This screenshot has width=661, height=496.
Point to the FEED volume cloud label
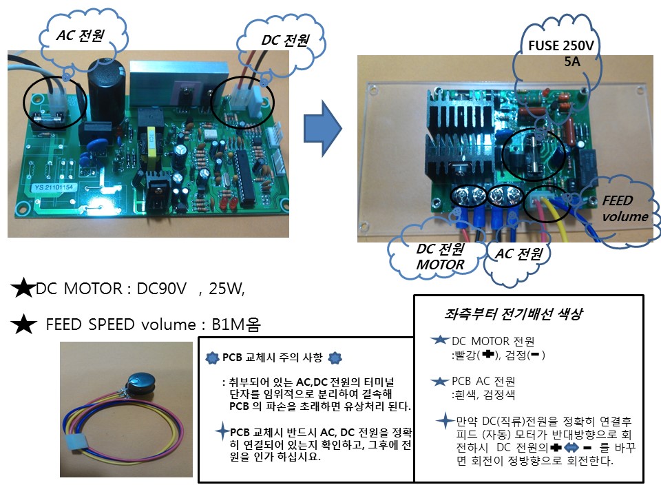[622, 207]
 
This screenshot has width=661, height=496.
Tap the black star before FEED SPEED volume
[25, 323]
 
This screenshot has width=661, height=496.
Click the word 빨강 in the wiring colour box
[462, 355]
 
